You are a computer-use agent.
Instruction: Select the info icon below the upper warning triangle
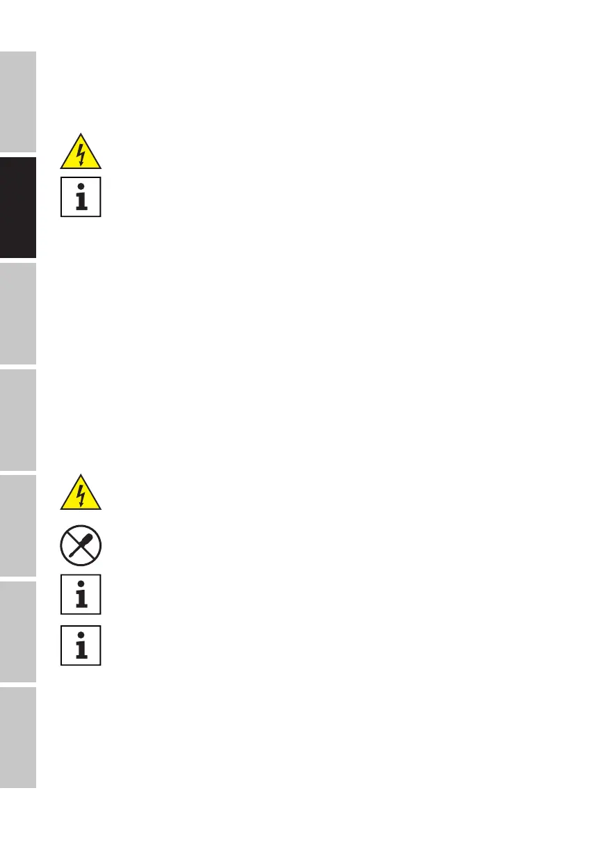coord(81,197)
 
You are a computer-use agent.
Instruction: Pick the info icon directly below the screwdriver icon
coord(81,594)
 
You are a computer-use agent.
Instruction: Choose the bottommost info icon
coord(81,645)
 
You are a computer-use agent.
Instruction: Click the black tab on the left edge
coord(17,207)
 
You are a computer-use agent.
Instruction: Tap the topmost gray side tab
coord(17,102)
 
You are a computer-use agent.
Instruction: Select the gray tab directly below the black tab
coord(17,314)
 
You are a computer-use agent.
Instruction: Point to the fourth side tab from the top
coord(17,419)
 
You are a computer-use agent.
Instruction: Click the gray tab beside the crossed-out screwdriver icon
coord(17,526)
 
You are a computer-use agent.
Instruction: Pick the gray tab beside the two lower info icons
coord(17,632)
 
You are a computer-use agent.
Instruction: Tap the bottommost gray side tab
coord(17,737)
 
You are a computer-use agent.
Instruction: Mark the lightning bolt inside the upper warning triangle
coord(81,156)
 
